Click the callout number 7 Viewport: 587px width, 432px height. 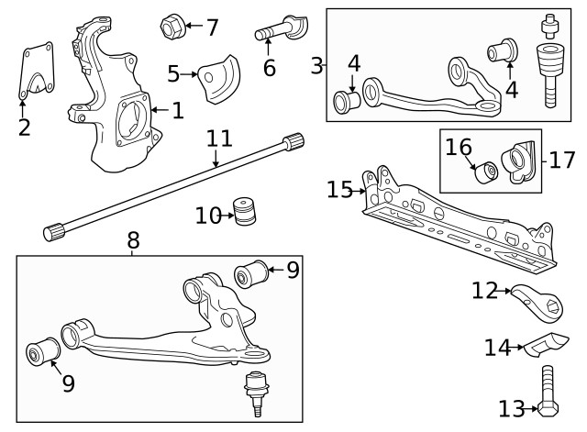[x=212, y=28]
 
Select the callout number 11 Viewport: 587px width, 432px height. [x=218, y=139]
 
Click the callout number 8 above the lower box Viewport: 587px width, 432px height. [x=133, y=241]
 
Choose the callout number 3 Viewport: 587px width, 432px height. [x=316, y=65]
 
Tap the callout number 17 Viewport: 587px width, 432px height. [x=561, y=160]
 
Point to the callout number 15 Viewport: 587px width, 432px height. [x=338, y=190]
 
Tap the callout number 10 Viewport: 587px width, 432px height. [x=207, y=216]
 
